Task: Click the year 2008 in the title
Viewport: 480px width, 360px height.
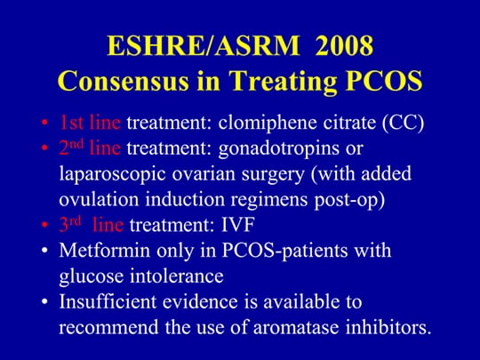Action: coord(344,46)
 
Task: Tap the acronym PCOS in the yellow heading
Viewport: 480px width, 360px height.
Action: coord(384,81)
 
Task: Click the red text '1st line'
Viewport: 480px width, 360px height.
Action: coord(90,122)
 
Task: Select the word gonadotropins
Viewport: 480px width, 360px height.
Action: coord(278,149)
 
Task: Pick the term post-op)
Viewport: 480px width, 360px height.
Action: coord(349,201)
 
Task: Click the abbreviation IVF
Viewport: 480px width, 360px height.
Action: coord(238,225)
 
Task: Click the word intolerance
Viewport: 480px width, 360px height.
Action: coord(177,276)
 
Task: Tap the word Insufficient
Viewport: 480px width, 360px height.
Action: coord(108,301)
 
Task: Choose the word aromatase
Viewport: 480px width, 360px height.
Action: coord(296,327)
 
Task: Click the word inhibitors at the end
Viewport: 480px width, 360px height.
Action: coord(388,326)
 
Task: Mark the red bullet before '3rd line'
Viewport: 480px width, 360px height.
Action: coord(45,225)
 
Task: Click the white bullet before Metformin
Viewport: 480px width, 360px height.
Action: coord(45,251)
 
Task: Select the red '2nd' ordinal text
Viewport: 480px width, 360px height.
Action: coord(71,148)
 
